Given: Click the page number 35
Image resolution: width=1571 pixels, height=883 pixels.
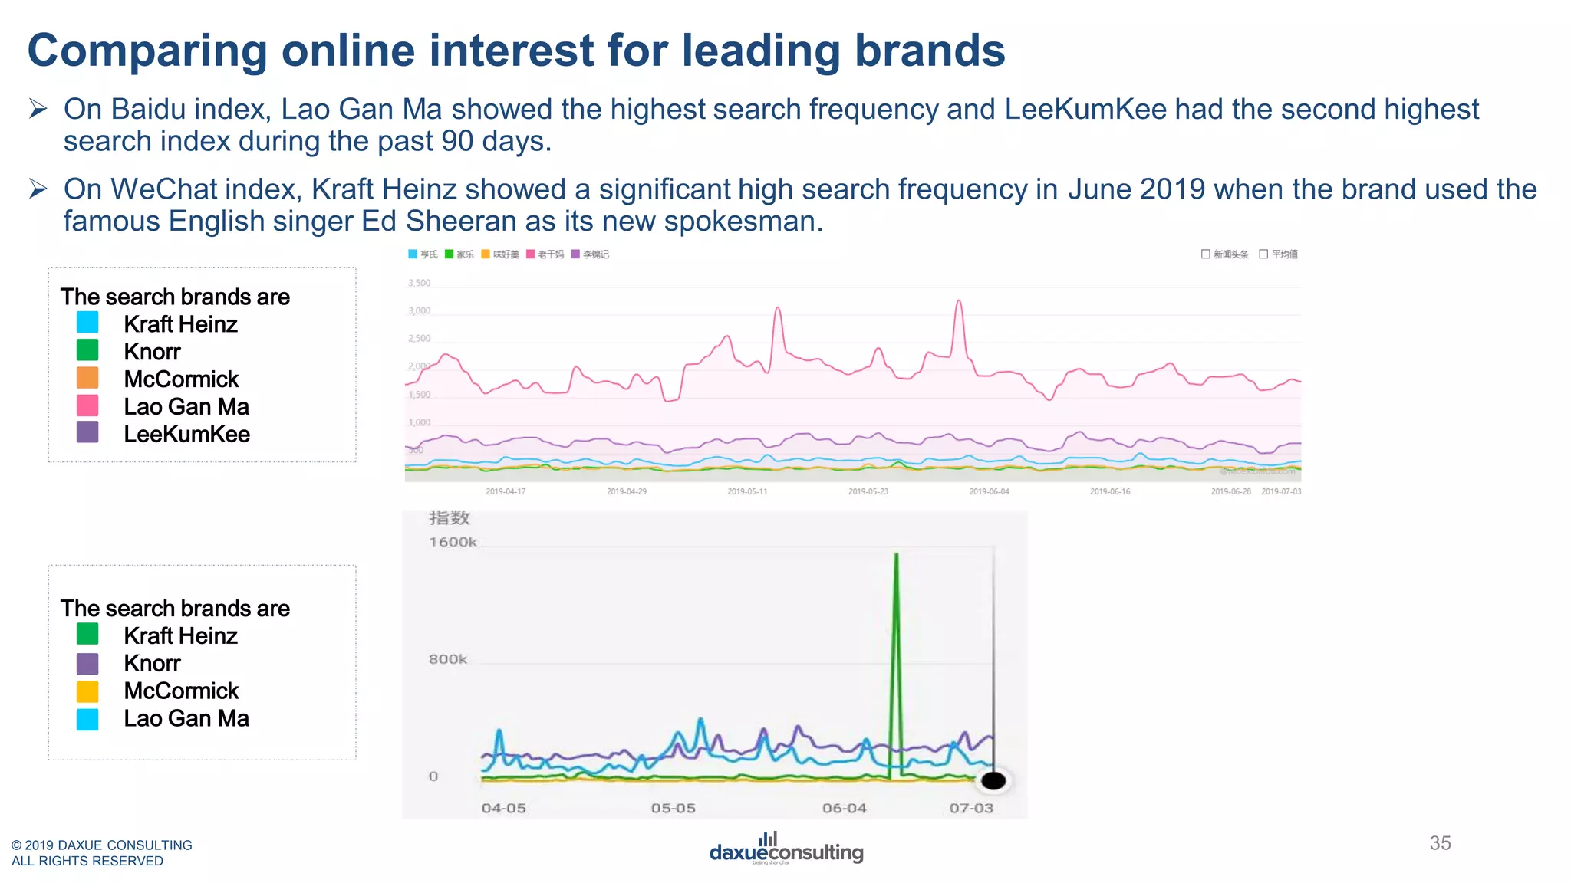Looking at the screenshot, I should [1440, 843].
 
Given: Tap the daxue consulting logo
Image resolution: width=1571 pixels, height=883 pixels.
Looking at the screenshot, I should [785, 849].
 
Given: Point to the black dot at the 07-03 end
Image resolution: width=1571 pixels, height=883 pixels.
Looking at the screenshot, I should [993, 780].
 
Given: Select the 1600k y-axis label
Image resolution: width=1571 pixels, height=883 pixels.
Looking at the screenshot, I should [453, 542].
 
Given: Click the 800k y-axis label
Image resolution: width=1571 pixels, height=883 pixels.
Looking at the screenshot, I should [448, 659].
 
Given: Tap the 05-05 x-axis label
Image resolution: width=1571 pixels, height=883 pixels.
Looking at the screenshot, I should [673, 808].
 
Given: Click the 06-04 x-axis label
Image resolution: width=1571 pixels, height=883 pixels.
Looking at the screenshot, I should [844, 808].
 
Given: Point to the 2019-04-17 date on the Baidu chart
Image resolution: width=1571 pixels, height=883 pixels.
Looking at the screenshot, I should [506, 491].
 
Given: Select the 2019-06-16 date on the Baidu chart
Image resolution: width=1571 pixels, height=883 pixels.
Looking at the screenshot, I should [1110, 491].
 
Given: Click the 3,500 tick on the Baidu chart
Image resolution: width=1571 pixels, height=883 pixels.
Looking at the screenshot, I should [419, 283].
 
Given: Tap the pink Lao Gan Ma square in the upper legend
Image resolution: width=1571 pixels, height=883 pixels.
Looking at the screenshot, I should [87, 405].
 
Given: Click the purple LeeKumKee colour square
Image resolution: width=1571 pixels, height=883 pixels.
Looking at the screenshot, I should [87, 432].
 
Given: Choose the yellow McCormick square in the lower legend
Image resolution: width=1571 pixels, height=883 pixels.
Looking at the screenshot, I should [87, 691].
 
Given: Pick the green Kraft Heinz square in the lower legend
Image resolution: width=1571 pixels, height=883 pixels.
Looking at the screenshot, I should [87, 634].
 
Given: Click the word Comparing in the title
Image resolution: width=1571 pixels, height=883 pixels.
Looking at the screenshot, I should [147, 51].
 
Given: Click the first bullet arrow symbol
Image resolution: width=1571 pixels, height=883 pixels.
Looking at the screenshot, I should [38, 109].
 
